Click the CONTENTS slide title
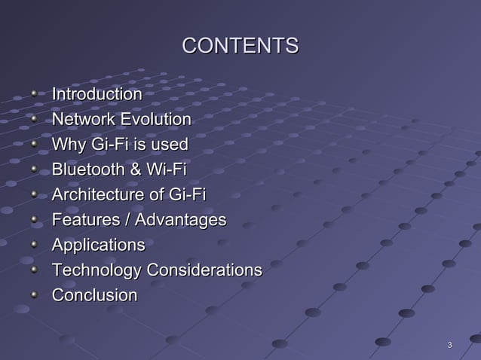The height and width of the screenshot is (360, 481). point(240,47)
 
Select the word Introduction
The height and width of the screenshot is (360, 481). point(96,95)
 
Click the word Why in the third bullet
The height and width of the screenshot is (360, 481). point(66,145)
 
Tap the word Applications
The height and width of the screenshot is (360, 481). point(97,246)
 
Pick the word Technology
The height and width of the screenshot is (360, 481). point(96,270)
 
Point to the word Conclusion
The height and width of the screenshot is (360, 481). point(94,295)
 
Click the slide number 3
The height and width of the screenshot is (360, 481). point(450,346)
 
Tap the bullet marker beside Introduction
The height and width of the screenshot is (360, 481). point(33,96)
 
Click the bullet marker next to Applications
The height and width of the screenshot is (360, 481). point(33,246)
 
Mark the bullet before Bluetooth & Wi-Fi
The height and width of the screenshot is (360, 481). point(33,170)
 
